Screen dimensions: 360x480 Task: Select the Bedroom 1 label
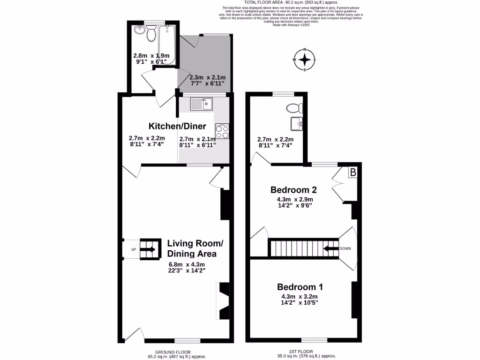coord(300,287)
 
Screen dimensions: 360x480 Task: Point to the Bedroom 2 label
coord(294,190)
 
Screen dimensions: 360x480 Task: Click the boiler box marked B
coord(353,172)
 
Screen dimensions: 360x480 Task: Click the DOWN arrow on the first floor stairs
coord(331,248)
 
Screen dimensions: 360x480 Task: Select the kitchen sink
coord(201,103)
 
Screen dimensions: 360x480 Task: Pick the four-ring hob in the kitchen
coord(222,132)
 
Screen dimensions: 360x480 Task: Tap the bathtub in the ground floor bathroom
coord(167,45)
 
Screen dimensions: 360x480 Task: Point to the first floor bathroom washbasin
coord(296,124)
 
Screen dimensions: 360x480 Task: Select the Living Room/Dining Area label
coord(192,248)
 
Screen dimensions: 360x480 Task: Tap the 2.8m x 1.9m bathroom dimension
coord(151,56)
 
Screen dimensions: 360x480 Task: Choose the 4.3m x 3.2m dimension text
coord(300,296)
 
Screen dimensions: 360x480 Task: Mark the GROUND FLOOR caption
coord(173,352)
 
